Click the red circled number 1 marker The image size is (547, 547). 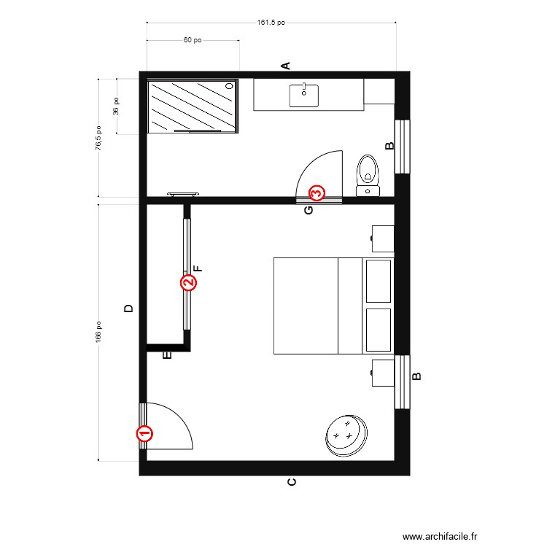(144, 434)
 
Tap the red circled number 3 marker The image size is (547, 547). (317, 193)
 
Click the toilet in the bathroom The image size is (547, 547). (368, 174)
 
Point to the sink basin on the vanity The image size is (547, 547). (303, 96)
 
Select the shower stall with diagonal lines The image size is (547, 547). (193, 106)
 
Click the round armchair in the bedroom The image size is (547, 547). (345, 435)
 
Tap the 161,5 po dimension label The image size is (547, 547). (271, 23)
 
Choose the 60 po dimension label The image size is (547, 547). (193, 41)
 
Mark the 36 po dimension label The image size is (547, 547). (116, 106)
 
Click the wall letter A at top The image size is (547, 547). (287, 66)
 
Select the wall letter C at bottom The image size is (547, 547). (292, 482)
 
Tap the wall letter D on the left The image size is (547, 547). (129, 309)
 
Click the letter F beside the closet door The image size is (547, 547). (198, 268)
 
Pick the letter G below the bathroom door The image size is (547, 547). (309, 211)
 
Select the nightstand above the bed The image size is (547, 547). (382, 237)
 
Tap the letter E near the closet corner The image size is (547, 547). (166, 356)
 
